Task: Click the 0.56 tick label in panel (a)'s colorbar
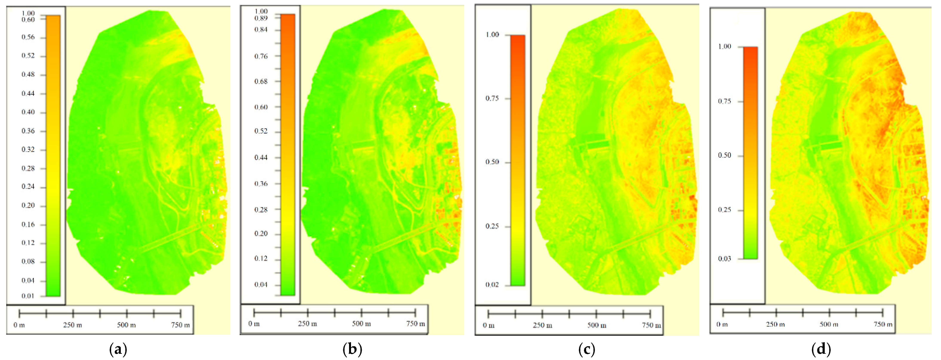[x=28, y=37]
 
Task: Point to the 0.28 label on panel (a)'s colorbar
[x=28, y=168]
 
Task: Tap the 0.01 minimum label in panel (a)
[x=28, y=296]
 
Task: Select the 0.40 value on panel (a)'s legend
[x=28, y=112]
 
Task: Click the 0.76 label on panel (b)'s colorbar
[x=261, y=56]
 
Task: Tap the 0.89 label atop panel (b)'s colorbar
[x=261, y=18]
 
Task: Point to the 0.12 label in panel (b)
[x=261, y=259]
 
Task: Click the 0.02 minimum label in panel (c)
[x=492, y=285]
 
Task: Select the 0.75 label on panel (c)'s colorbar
[x=492, y=98]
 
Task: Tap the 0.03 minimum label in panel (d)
[x=725, y=259]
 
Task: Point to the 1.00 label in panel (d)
[x=725, y=46]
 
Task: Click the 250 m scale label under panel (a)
[x=72, y=325]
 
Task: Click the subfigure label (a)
[x=118, y=349]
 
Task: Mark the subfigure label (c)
[x=587, y=349]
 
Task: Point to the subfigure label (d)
[x=821, y=349]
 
